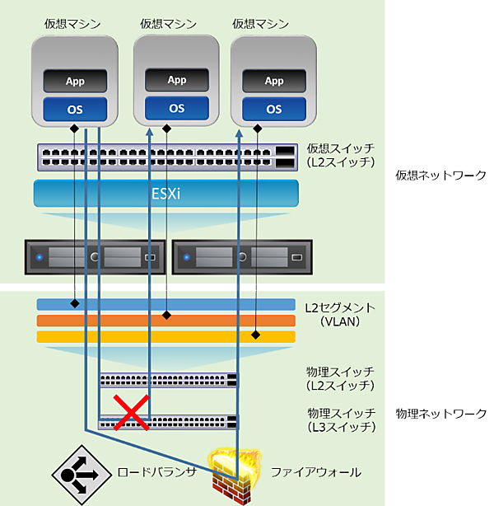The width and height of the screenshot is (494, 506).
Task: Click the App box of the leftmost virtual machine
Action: (x=76, y=82)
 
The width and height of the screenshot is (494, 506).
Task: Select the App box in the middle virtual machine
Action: (x=177, y=80)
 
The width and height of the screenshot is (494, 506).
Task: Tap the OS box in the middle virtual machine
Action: (x=177, y=108)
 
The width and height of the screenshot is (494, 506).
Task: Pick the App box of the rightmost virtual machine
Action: (x=274, y=81)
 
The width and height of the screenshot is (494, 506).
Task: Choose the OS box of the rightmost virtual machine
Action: (x=274, y=109)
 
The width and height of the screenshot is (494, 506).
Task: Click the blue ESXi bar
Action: (x=165, y=194)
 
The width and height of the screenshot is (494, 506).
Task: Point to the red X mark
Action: (x=131, y=412)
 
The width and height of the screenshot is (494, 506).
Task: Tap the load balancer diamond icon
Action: (x=81, y=476)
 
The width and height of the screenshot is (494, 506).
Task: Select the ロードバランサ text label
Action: (x=157, y=472)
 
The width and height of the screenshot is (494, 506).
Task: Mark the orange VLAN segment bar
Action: (x=165, y=321)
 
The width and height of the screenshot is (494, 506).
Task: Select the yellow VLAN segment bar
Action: (x=165, y=336)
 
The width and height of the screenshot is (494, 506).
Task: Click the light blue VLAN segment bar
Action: (x=165, y=305)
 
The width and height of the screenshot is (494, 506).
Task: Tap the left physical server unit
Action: (x=96, y=257)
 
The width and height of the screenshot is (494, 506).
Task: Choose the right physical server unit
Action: (x=242, y=257)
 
